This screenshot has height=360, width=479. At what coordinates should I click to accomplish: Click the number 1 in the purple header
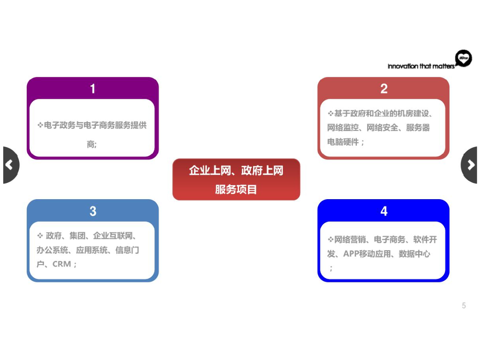point(93,89)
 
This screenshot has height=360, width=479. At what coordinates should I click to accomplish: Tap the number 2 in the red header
point(384,89)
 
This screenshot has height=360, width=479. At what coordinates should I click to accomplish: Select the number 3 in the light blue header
point(93,211)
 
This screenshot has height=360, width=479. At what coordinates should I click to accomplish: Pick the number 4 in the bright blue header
point(384,211)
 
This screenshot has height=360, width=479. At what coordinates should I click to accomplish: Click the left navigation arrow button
point(10,165)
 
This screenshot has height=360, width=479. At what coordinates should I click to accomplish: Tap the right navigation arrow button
point(470,165)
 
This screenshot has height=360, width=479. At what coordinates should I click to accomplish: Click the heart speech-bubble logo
point(463,59)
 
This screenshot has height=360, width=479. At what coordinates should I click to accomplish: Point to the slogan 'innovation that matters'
point(421,66)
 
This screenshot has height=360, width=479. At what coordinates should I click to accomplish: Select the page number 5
point(464,306)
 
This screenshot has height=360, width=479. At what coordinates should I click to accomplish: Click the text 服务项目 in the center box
point(236,189)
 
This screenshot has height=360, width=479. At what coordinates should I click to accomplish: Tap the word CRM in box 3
point(62,264)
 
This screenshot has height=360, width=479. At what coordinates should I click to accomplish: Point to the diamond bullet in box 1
point(40,125)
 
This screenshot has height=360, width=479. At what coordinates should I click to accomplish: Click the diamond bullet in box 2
point(330,114)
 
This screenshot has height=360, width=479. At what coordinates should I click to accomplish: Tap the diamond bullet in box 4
point(330,240)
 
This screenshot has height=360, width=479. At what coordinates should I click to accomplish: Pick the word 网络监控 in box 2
point(343,128)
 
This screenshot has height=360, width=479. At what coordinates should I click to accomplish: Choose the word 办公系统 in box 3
point(52,250)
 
